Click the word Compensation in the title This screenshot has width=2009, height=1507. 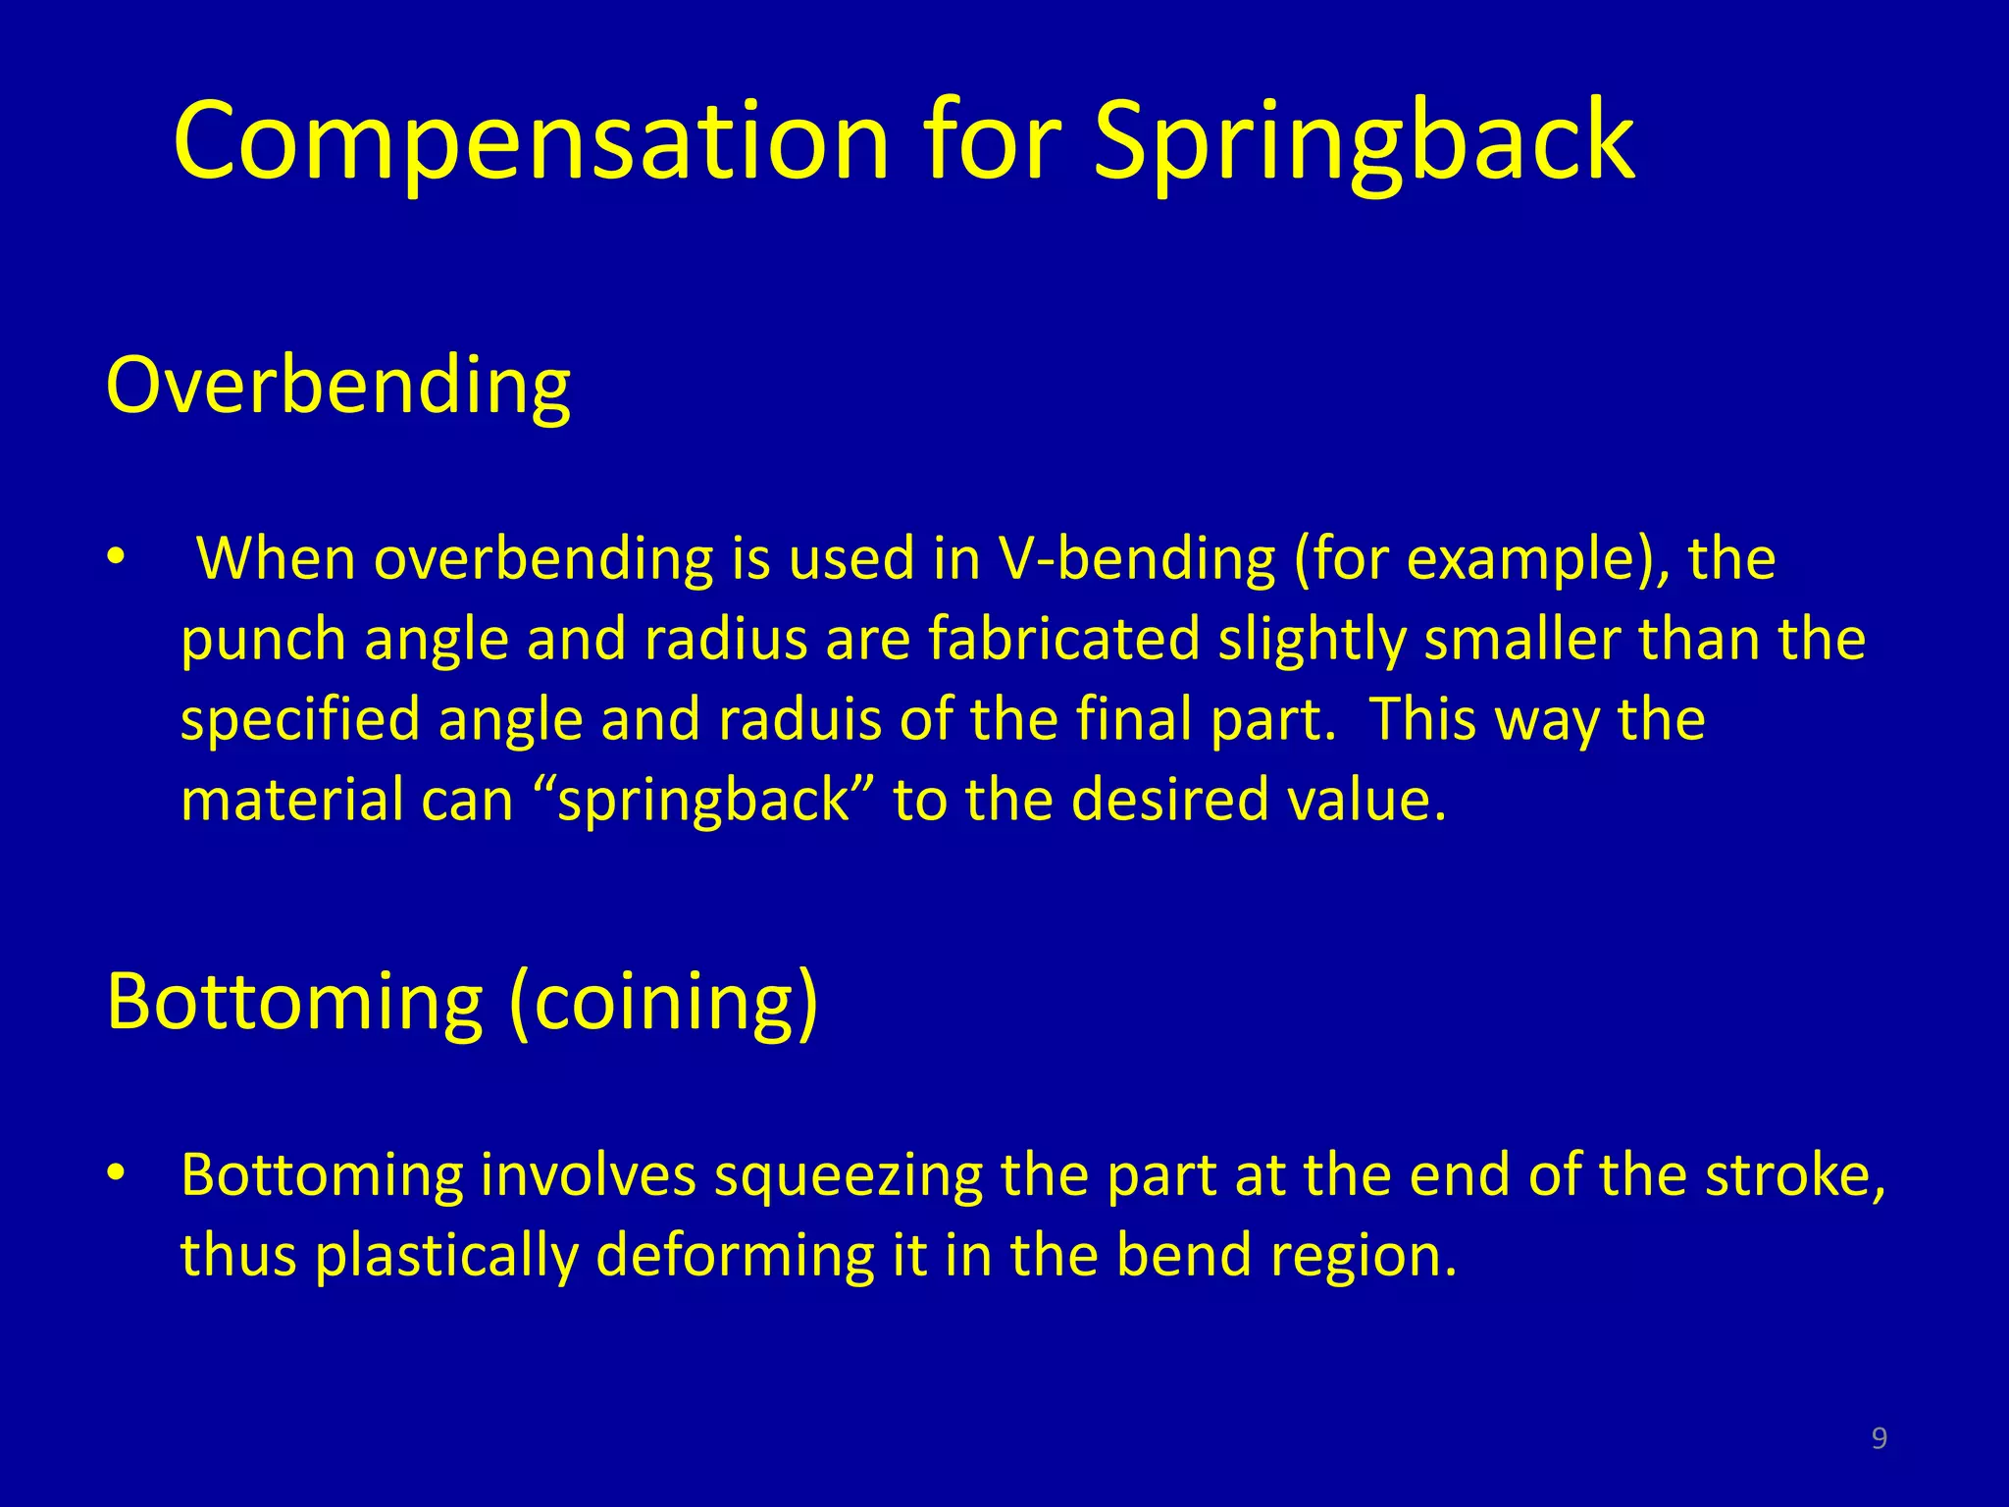coord(530,142)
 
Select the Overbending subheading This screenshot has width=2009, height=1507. coord(337,386)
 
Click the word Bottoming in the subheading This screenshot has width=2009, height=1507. coord(294,1003)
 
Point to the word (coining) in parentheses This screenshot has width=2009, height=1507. coord(663,1003)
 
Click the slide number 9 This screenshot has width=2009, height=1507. coord(1879,1438)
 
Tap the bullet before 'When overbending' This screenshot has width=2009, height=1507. coord(117,556)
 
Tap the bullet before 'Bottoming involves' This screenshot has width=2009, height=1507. coord(117,1172)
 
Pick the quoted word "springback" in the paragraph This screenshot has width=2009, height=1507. coord(704,800)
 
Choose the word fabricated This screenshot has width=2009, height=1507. coord(1063,639)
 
